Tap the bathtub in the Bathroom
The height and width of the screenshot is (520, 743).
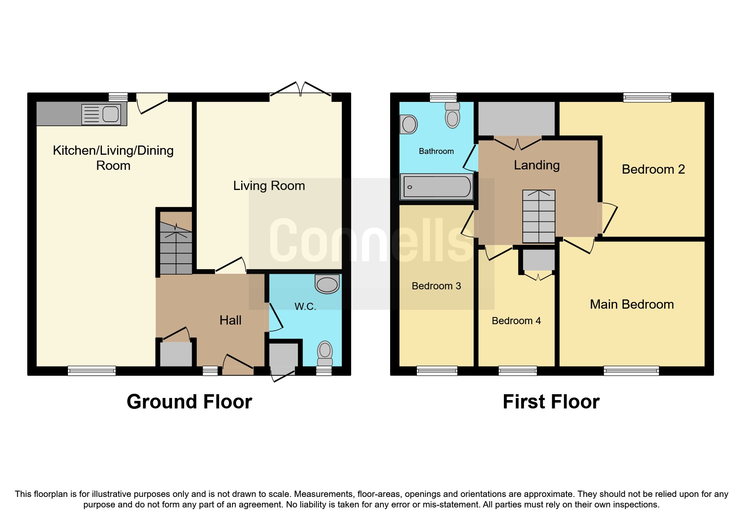pyautogui.click(x=437, y=186)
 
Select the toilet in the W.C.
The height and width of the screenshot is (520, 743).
pyautogui.click(x=325, y=354)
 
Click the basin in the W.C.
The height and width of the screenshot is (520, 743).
pyautogui.click(x=327, y=284)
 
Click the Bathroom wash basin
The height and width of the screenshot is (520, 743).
pyautogui.click(x=409, y=125)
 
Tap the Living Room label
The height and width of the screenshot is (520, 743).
pyautogui.click(x=269, y=186)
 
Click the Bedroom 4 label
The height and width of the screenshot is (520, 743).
pyautogui.click(x=516, y=321)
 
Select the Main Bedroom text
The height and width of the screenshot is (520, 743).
pyautogui.click(x=631, y=304)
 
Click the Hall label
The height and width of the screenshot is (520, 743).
pyautogui.click(x=230, y=320)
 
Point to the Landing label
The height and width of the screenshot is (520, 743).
pyautogui.click(x=537, y=165)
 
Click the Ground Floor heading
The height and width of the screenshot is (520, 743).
pyautogui.click(x=189, y=402)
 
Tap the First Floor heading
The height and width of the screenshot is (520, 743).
pyautogui.click(x=551, y=402)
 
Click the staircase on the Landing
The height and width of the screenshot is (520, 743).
pyautogui.click(x=539, y=216)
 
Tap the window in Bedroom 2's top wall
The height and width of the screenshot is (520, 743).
pyautogui.click(x=647, y=98)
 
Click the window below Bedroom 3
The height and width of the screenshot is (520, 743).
pyautogui.click(x=437, y=370)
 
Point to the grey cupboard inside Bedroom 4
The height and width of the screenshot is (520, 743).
pyautogui.click(x=539, y=260)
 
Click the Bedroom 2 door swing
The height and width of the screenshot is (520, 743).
pyautogui.click(x=609, y=218)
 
